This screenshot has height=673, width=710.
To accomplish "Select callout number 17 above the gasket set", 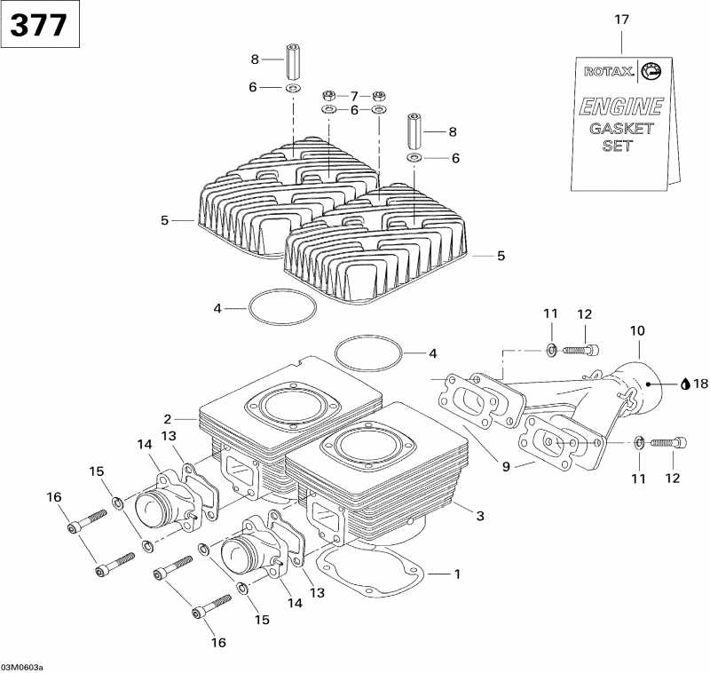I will click(x=620, y=19).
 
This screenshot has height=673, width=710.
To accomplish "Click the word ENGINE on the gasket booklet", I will click(x=621, y=107).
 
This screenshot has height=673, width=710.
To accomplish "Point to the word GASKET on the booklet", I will click(x=621, y=128).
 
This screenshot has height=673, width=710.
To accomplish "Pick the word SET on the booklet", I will click(x=618, y=146).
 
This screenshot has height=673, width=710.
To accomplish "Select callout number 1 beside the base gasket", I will click(x=457, y=574).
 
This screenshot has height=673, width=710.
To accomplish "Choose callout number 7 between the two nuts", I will click(x=353, y=95).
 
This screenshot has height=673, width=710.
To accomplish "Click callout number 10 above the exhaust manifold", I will click(x=637, y=330).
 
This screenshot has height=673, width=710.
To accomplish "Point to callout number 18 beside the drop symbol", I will click(x=700, y=384).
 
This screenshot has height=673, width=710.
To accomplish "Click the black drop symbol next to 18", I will click(x=685, y=384).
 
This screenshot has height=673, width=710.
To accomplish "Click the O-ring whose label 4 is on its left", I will click(x=282, y=308).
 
